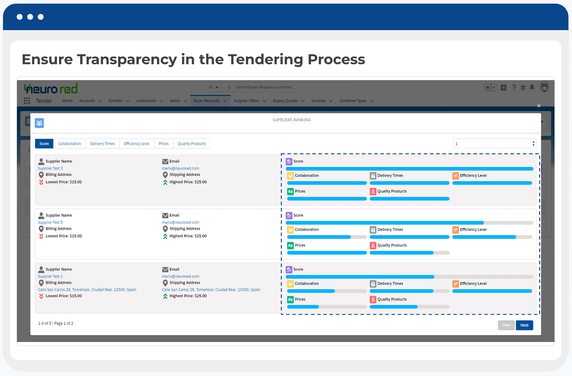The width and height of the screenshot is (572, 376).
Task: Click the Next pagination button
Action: pos(524,325)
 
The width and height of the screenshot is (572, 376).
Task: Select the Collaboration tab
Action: pos(69,143)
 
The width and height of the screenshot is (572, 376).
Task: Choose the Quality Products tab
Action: pos(192,143)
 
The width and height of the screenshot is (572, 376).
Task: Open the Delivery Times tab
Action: pos(102,143)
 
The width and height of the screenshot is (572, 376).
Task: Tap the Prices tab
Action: pos(164,143)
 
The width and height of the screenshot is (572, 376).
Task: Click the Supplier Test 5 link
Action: pos(50,222)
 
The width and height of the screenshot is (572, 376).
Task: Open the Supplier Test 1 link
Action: pos(50,276)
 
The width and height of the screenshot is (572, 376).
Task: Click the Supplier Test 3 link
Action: pos(50,168)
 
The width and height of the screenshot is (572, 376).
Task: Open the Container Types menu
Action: pos(356,101)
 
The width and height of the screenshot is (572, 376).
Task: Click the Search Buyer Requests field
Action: pos(288,87)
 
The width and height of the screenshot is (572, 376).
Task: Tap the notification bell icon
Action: pos(532,87)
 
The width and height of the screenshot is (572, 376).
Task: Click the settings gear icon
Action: pos(523,88)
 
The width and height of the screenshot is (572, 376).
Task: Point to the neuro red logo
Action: pos(51,88)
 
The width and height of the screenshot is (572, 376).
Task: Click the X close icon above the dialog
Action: pos(539,106)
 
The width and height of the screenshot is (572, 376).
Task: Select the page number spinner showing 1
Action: pos(495,143)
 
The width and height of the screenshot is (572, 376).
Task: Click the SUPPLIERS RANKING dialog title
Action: pos(292,120)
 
